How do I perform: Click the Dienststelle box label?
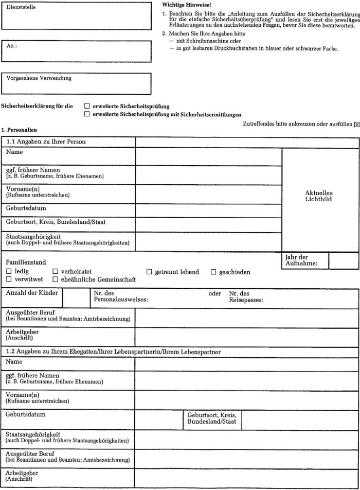(x=21, y=8)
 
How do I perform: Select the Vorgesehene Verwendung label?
(x=39, y=78)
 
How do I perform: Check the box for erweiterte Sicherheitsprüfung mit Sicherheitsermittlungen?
(x=86, y=114)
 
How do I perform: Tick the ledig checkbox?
(x=9, y=271)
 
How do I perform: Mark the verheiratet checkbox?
(x=55, y=271)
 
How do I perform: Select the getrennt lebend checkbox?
(x=149, y=271)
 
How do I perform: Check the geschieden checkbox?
(x=213, y=271)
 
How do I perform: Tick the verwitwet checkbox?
(x=9, y=279)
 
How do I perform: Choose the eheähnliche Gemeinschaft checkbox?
(x=55, y=279)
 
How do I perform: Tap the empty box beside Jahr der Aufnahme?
(x=343, y=260)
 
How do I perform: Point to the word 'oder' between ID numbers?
(x=214, y=294)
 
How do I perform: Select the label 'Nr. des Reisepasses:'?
(x=246, y=297)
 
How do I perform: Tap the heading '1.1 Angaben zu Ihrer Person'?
(x=46, y=142)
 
